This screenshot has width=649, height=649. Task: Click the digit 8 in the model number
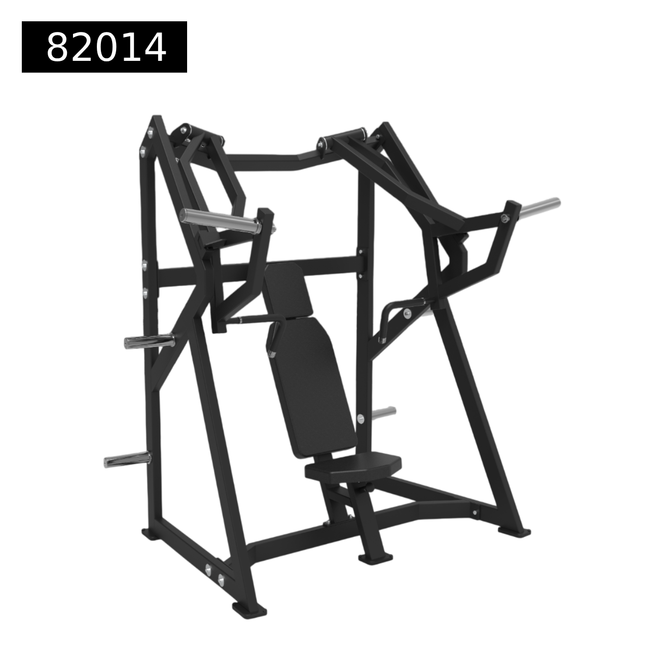pos(58,47)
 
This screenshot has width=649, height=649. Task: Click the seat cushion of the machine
pos(353,466)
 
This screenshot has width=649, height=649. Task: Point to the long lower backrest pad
pos(311,387)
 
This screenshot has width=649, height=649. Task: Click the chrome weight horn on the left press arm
pos(221,220)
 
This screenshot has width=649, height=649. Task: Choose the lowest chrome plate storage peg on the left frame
pos(128,459)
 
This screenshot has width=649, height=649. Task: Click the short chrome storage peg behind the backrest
pos(384,413)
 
